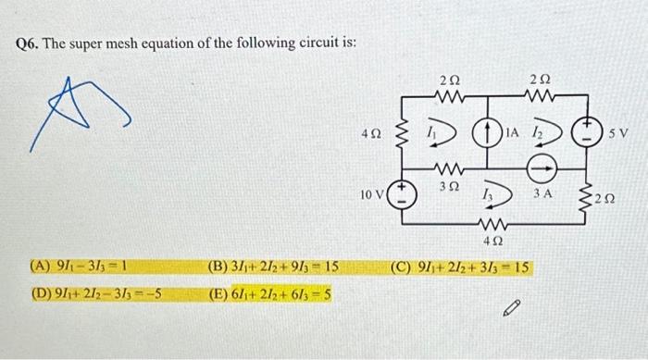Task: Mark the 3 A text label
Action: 543,193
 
